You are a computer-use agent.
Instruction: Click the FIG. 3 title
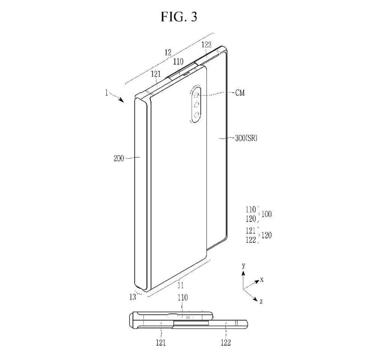tap(179, 17)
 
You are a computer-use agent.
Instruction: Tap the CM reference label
tap(240, 93)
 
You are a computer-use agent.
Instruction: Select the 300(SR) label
tap(246, 138)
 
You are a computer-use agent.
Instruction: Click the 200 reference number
tap(119, 158)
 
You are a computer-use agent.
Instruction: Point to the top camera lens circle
tap(196, 95)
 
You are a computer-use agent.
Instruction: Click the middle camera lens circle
tap(196, 105)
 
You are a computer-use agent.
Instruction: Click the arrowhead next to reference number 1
tap(121, 99)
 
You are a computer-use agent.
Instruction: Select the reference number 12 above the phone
tap(168, 53)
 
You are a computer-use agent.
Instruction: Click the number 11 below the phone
tap(180, 285)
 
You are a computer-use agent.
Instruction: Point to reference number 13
tap(132, 297)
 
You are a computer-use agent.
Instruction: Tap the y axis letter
tap(243, 265)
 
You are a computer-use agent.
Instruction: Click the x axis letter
tap(262, 280)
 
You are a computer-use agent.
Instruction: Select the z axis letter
tap(261, 301)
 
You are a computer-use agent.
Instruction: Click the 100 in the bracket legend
tap(267, 214)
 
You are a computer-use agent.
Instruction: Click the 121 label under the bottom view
tap(160, 342)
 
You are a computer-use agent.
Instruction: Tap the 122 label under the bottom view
tap(226, 342)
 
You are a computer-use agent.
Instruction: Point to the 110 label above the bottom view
tap(183, 298)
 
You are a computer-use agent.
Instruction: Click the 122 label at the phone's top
tap(207, 45)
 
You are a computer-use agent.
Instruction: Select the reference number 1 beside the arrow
tap(106, 93)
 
